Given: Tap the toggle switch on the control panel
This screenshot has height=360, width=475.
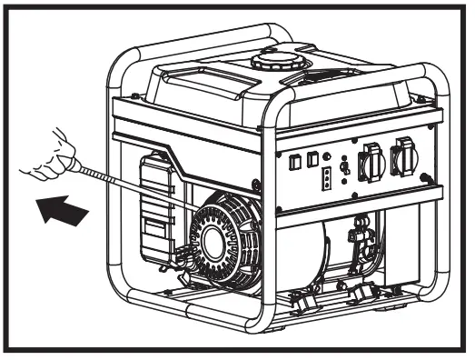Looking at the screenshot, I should pos(344,166).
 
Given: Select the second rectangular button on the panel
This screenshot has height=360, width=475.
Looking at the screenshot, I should pos(310,160).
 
